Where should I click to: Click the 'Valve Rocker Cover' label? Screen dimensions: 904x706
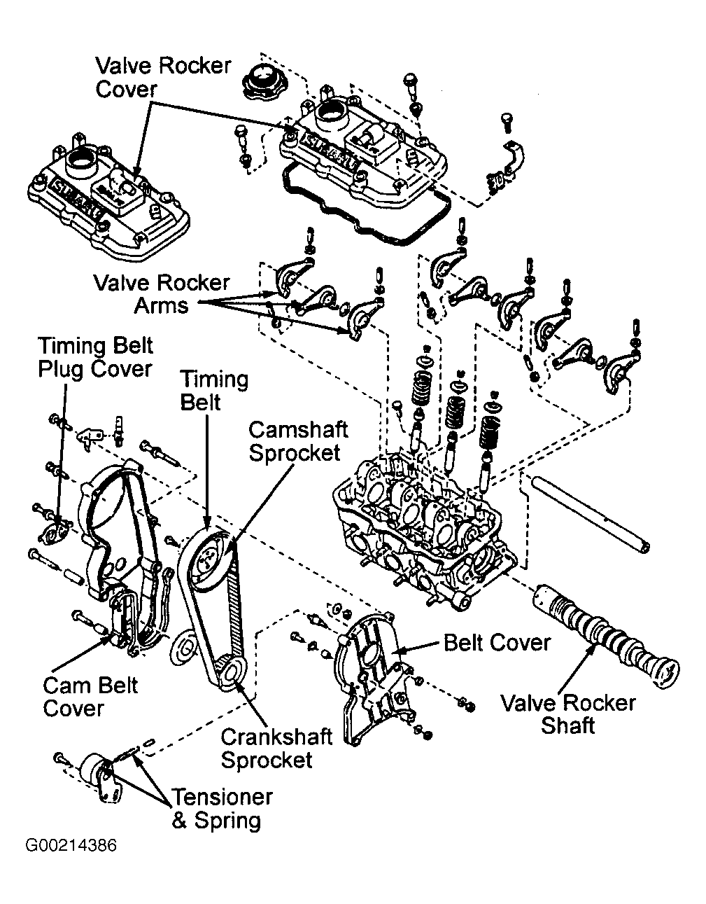(x=162, y=78)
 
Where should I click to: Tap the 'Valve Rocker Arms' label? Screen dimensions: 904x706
(x=161, y=293)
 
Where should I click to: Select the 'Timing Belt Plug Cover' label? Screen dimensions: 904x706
(x=95, y=357)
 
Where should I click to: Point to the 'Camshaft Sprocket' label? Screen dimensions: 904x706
(x=298, y=440)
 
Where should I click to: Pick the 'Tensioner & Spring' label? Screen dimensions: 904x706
(x=222, y=809)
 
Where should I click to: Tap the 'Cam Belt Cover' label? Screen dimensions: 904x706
(x=91, y=696)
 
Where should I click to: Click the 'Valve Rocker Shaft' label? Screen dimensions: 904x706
(x=568, y=714)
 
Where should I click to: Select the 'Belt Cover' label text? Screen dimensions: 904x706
(x=497, y=642)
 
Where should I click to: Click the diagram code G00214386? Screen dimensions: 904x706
(x=71, y=845)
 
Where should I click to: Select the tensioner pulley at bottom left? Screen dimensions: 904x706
(x=94, y=771)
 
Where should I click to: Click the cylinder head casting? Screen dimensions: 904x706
(x=420, y=532)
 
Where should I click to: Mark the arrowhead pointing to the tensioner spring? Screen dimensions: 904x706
(x=134, y=756)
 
